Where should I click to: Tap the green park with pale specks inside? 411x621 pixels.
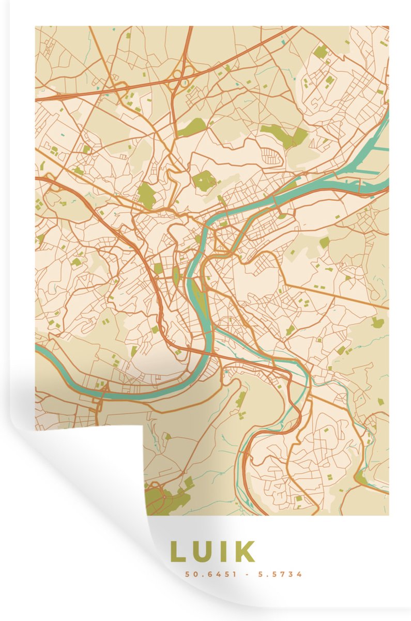click(204, 181)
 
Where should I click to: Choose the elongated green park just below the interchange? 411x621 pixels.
click(192, 126)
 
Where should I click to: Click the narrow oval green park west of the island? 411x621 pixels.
click(175, 274)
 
